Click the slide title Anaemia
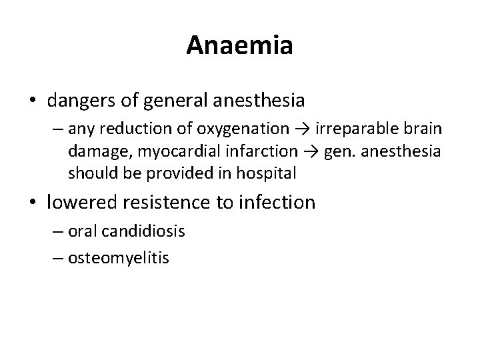pos(239,45)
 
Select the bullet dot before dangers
pos(33,101)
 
